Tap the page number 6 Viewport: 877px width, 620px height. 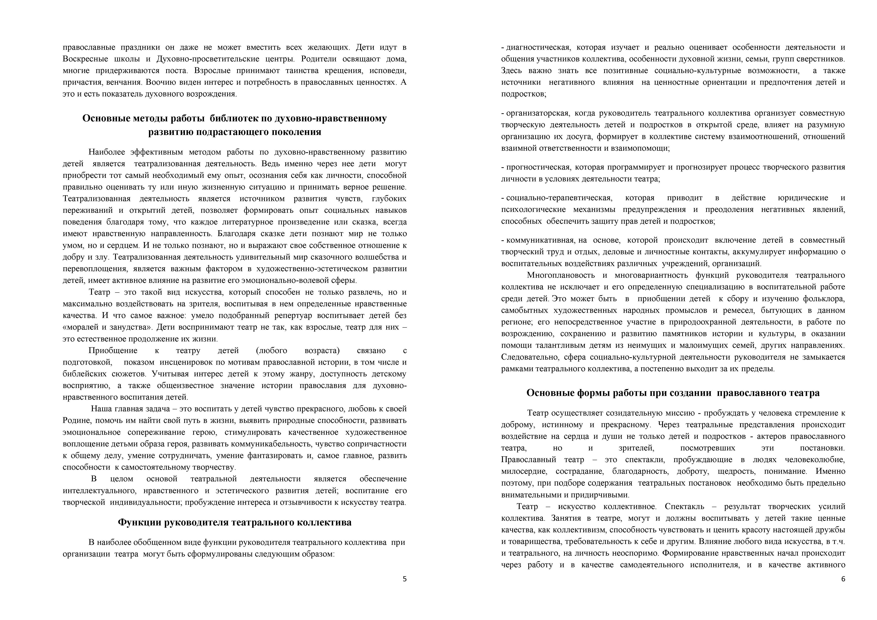click(x=843, y=579)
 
